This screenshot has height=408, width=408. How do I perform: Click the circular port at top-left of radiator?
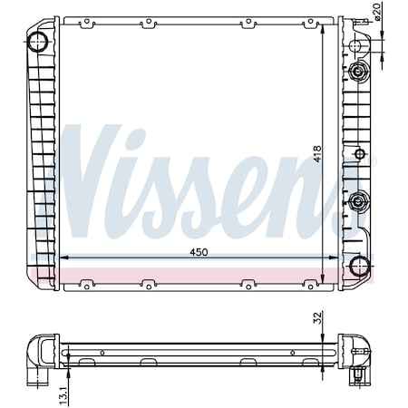click(40, 41)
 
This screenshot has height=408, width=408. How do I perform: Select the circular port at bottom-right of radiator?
click(360, 265)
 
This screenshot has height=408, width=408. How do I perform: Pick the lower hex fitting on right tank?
click(360, 200)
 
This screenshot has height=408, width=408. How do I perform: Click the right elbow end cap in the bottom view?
click(359, 354)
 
